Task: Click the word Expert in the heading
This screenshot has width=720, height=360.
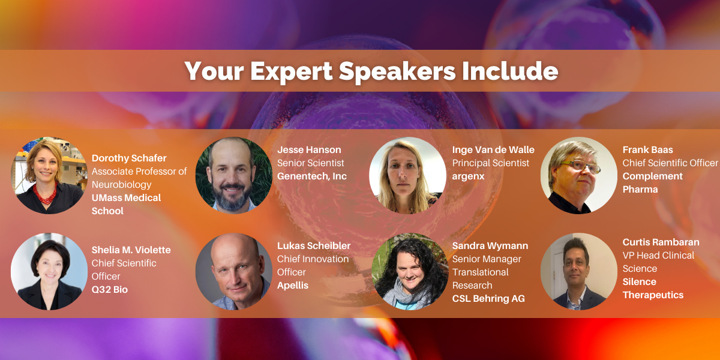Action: (291, 71)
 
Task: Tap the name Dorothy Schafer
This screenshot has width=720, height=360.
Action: (129, 158)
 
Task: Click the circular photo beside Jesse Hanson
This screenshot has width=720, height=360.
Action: (233, 175)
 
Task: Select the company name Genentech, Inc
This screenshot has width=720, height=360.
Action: (312, 176)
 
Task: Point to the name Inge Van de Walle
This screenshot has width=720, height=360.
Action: (493, 150)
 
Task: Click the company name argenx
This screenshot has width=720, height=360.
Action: (468, 176)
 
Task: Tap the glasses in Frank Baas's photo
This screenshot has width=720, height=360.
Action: (581, 167)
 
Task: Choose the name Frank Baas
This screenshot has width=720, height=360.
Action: (647, 150)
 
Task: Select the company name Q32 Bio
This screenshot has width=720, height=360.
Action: (110, 290)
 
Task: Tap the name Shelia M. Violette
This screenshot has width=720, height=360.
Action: (131, 250)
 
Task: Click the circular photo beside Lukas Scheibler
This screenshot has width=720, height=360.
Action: (233, 272)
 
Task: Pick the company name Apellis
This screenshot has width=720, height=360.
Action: (293, 286)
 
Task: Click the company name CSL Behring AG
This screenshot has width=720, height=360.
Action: (488, 299)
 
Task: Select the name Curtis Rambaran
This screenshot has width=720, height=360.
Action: (661, 242)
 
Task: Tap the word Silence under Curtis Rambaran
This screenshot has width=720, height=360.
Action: (639, 282)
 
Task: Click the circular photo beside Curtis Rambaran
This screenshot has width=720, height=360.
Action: (579, 272)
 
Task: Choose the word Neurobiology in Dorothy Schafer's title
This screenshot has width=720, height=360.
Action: (121, 185)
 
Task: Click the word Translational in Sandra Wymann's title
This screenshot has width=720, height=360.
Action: (480, 272)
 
